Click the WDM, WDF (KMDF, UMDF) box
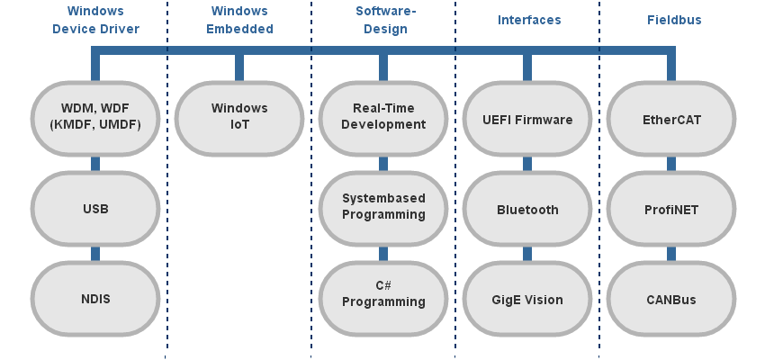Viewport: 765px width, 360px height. [x=95, y=118]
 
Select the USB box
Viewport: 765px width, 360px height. [x=95, y=209]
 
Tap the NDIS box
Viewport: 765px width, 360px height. [x=95, y=299]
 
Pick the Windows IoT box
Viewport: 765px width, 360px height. [x=239, y=118]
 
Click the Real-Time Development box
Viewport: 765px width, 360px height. [x=383, y=118]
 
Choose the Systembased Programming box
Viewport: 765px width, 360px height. [x=383, y=208]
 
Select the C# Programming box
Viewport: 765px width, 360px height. [x=383, y=295]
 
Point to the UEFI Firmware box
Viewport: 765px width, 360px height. [x=527, y=119]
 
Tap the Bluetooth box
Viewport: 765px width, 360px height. [x=527, y=209]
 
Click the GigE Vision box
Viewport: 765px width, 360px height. [x=527, y=299]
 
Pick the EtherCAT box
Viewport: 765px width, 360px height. [x=671, y=119]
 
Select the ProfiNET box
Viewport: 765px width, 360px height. [x=671, y=209]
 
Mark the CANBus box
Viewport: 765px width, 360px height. [x=671, y=299]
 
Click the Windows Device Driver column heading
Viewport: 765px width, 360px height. [x=95, y=20]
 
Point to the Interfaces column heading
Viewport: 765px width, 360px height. [x=529, y=19]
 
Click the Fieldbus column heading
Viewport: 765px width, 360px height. [x=674, y=19]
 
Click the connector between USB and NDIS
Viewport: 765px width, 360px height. [x=95, y=254]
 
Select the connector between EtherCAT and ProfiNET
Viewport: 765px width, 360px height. [x=671, y=164]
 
